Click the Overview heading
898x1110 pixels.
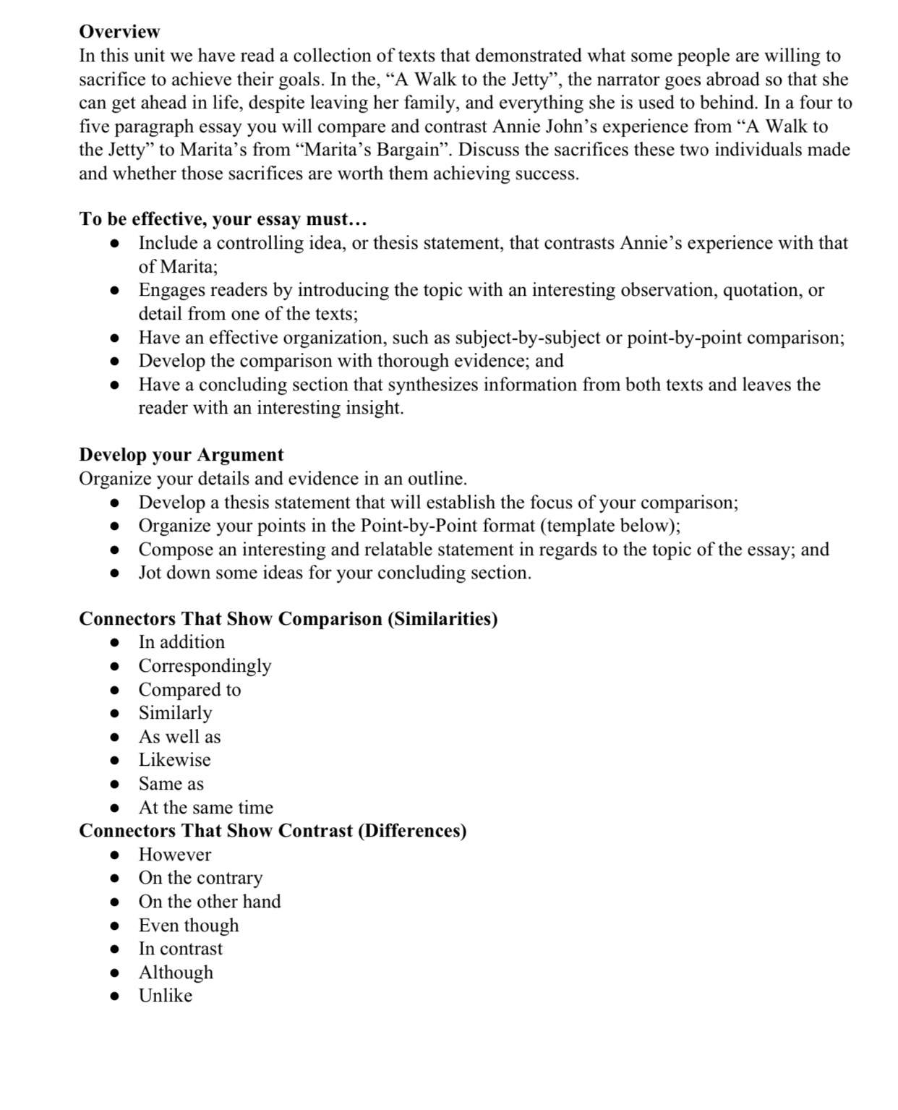[119, 32]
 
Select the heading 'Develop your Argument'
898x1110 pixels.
[181, 455]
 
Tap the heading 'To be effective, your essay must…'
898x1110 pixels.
[223, 219]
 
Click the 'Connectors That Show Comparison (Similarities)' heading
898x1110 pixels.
[288, 619]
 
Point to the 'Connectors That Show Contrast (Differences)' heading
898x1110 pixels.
[273, 831]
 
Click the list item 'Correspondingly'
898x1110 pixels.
[205, 666]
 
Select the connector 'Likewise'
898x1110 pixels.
[175, 760]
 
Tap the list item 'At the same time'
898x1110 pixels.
[206, 808]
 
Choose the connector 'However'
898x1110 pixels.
[175, 855]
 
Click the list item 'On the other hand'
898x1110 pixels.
[210, 902]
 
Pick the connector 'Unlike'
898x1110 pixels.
[166, 996]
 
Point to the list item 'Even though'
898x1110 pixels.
[189, 926]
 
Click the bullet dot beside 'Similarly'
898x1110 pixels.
[114, 714]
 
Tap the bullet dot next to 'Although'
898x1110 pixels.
[114, 973]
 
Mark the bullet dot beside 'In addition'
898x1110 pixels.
[114, 643]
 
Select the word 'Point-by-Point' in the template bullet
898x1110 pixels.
[411, 526]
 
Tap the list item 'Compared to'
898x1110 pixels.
[189, 690]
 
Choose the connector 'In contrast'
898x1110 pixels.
[181, 949]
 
